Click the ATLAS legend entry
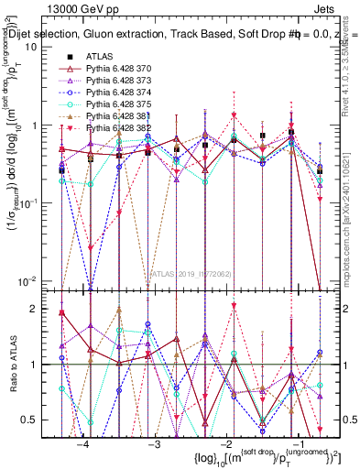tap(100, 56)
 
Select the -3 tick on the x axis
tap(154, 443)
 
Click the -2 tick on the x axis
tap(224, 443)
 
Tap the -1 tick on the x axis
tap(295, 443)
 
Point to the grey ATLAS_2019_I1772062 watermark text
tap(191, 273)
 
